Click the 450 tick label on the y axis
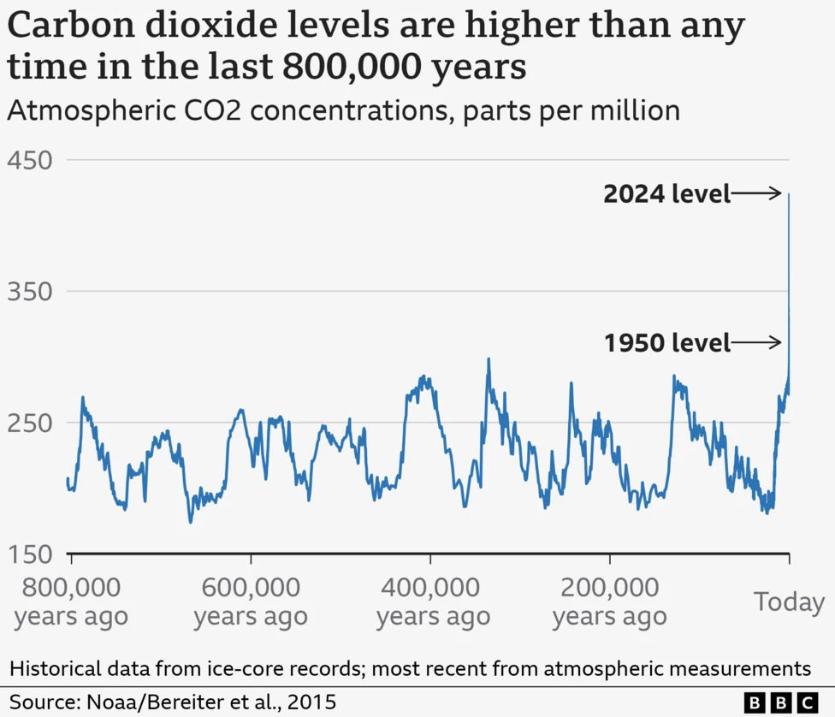click(x=29, y=161)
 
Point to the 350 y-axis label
click(x=29, y=292)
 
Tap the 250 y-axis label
click(x=29, y=423)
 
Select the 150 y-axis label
click(x=29, y=554)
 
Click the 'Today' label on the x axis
click(x=789, y=601)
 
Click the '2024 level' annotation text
click(x=666, y=194)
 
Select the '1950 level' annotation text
click(x=666, y=344)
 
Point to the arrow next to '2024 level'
click(x=757, y=193)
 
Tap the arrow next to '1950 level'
click(x=757, y=343)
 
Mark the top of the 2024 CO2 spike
click(x=789, y=195)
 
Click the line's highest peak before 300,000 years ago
click(x=489, y=359)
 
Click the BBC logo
click(x=782, y=702)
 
